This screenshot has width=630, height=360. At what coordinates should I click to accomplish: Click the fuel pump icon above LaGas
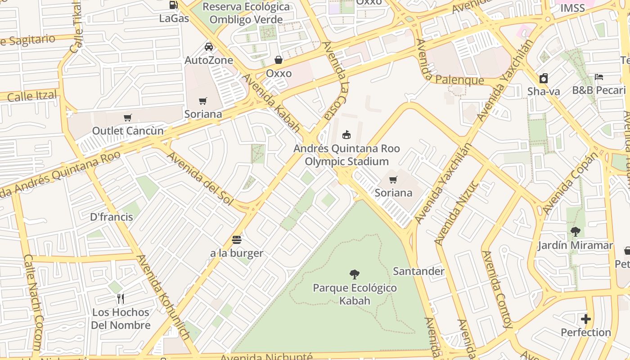tap(173, 5)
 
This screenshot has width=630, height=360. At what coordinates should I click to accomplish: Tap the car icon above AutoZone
tap(209, 46)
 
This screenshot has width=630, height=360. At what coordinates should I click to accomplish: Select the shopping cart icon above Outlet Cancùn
tap(128, 118)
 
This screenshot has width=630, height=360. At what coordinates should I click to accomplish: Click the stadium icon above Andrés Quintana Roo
tap(346, 135)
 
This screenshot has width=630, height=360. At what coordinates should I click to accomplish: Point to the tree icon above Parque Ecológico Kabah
tap(355, 274)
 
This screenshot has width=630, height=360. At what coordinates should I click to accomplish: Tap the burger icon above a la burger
tap(237, 240)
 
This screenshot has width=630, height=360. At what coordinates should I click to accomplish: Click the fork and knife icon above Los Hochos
tap(121, 298)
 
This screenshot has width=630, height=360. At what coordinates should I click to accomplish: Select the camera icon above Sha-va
tap(544, 78)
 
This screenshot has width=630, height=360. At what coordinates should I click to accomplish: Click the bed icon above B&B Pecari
tap(598, 77)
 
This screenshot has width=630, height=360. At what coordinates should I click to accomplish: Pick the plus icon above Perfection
tap(585, 319)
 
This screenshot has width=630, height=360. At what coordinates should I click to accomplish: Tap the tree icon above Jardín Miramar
tap(575, 232)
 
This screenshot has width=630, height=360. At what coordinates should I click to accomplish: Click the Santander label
tap(418, 271)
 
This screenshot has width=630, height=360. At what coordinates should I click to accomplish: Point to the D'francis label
tap(112, 217)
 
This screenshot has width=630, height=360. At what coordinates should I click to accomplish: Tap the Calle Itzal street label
tap(32, 96)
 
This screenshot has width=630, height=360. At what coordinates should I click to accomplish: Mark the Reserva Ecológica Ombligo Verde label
tap(246, 13)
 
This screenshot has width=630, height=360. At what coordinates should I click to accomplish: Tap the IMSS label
tap(572, 8)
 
